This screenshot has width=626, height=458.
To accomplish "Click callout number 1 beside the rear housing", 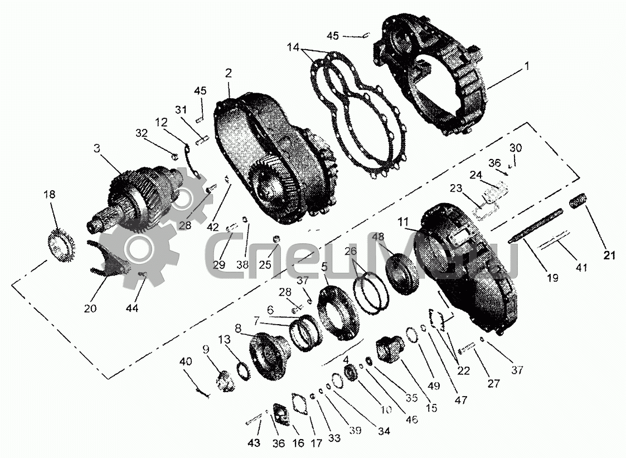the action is click(x=527, y=65).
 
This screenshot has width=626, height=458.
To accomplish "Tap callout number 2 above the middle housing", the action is click(x=229, y=73).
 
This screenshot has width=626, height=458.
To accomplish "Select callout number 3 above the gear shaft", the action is click(x=97, y=149).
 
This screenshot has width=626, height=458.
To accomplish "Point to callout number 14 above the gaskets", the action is click(x=293, y=47).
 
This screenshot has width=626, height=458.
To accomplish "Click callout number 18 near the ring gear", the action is click(x=50, y=195).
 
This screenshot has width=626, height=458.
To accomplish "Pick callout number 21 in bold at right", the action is click(x=609, y=255).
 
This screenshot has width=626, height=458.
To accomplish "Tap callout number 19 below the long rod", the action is click(x=552, y=277).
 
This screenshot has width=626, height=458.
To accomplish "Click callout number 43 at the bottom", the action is click(x=254, y=442).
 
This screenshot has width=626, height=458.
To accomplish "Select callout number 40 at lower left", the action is click(x=185, y=361).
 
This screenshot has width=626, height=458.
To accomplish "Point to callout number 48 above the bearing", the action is click(x=378, y=237).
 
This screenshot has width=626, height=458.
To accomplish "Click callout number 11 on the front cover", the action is click(x=403, y=221).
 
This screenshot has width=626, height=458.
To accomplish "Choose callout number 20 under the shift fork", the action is click(x=90, y=308).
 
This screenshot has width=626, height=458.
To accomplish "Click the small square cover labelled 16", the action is click(x=282, y=416).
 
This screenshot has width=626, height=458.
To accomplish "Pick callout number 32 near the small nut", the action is click(x=142, y=133).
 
